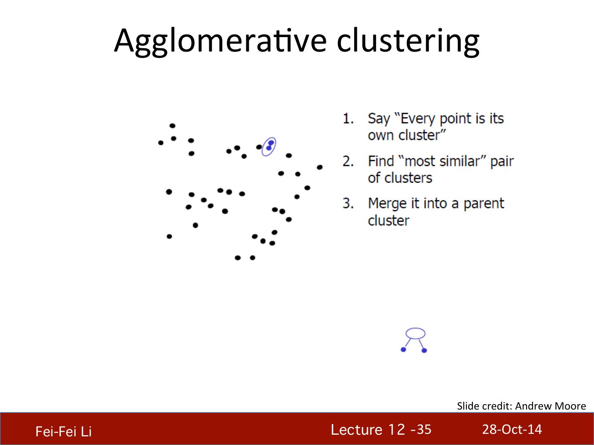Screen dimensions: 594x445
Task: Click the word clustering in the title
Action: pos(408,41)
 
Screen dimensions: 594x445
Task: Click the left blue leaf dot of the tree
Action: pos(403,350)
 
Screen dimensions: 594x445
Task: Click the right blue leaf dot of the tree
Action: pos(424,350)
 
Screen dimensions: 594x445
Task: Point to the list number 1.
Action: pos(348,119)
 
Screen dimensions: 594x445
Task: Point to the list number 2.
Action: pos(348,161)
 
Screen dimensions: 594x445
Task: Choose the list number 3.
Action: pos(348,203)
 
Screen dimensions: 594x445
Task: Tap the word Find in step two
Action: pos(381,161)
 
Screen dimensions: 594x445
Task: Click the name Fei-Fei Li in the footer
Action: pos(64,431)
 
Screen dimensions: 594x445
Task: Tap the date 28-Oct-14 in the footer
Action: pos(512,429)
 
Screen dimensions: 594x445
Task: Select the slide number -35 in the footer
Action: pos(421,429)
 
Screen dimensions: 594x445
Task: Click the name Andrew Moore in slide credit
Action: pos(550,406)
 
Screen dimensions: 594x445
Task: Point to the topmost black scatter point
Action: pos(172,126)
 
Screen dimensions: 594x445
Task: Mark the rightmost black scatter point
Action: pos(320,167)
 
